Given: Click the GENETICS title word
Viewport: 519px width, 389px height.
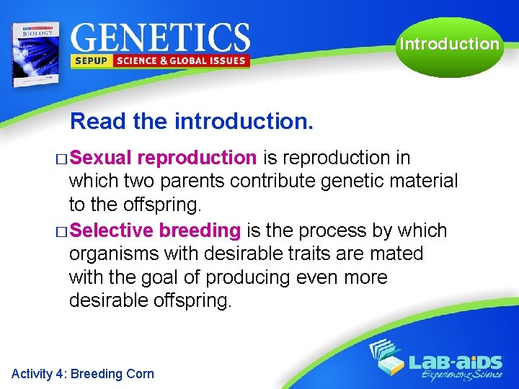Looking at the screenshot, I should (x=160, y=37).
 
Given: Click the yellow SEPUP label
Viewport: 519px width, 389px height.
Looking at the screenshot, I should (x=89, y=61).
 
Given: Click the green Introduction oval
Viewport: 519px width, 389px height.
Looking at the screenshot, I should (x=448, y=45).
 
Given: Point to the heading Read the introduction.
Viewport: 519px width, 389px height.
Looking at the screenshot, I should (x=192, y=121).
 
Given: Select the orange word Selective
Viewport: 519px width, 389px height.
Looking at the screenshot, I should (x=112, y=231).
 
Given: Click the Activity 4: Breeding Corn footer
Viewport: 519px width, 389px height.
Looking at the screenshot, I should (x=83, y=373).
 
